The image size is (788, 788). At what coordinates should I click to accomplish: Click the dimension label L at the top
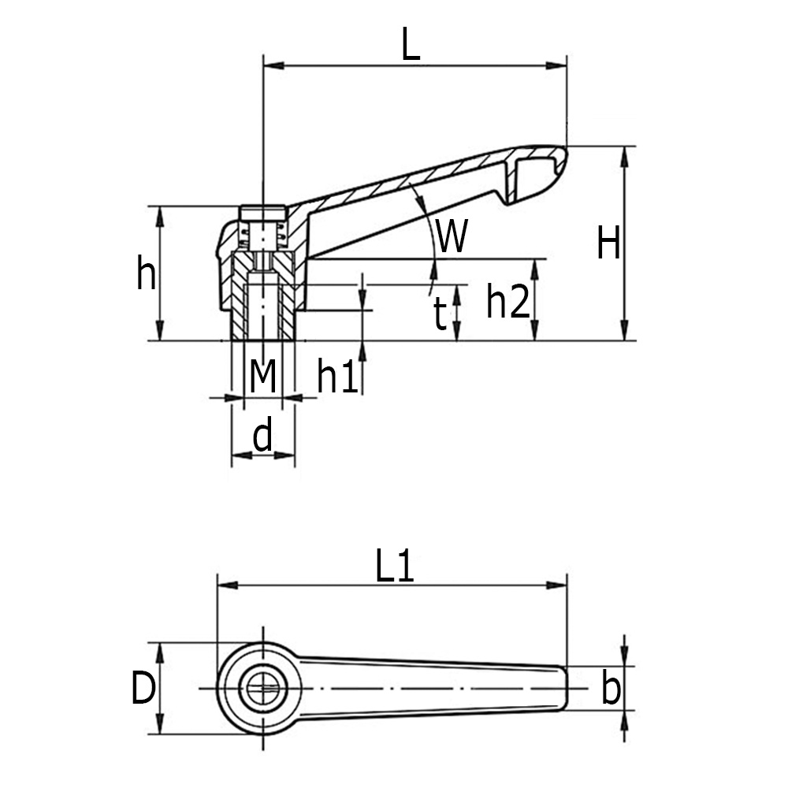click(411, 45)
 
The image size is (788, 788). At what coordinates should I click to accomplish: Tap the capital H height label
click(608, 243)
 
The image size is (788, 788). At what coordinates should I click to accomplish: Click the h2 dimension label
click(507, 301)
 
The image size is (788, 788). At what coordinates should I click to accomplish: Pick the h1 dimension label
click(338, 377)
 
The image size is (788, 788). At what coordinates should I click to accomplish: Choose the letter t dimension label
click(440, 315)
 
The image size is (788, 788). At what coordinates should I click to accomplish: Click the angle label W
click(452, 236)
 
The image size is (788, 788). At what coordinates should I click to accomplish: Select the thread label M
click(262, 376)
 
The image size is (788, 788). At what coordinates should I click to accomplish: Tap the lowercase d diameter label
click(262, 435)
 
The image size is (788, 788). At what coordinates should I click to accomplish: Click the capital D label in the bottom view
click(143, 689)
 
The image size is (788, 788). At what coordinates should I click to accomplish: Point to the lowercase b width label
click(610, 689)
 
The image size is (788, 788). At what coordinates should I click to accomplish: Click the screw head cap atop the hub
click(262, 213)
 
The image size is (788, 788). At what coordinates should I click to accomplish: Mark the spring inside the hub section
click(262, 234)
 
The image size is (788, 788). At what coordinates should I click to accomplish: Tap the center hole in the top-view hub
click(262, 689)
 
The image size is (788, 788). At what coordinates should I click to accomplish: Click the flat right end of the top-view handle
click(565, 689)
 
